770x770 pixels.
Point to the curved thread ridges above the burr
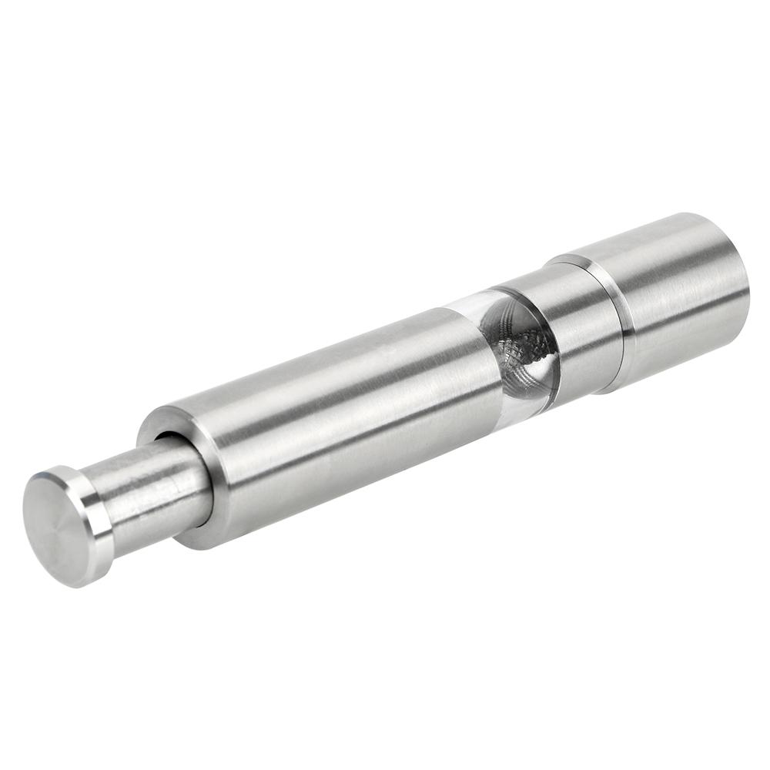[508, 316]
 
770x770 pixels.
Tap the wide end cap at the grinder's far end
[678, 293]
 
